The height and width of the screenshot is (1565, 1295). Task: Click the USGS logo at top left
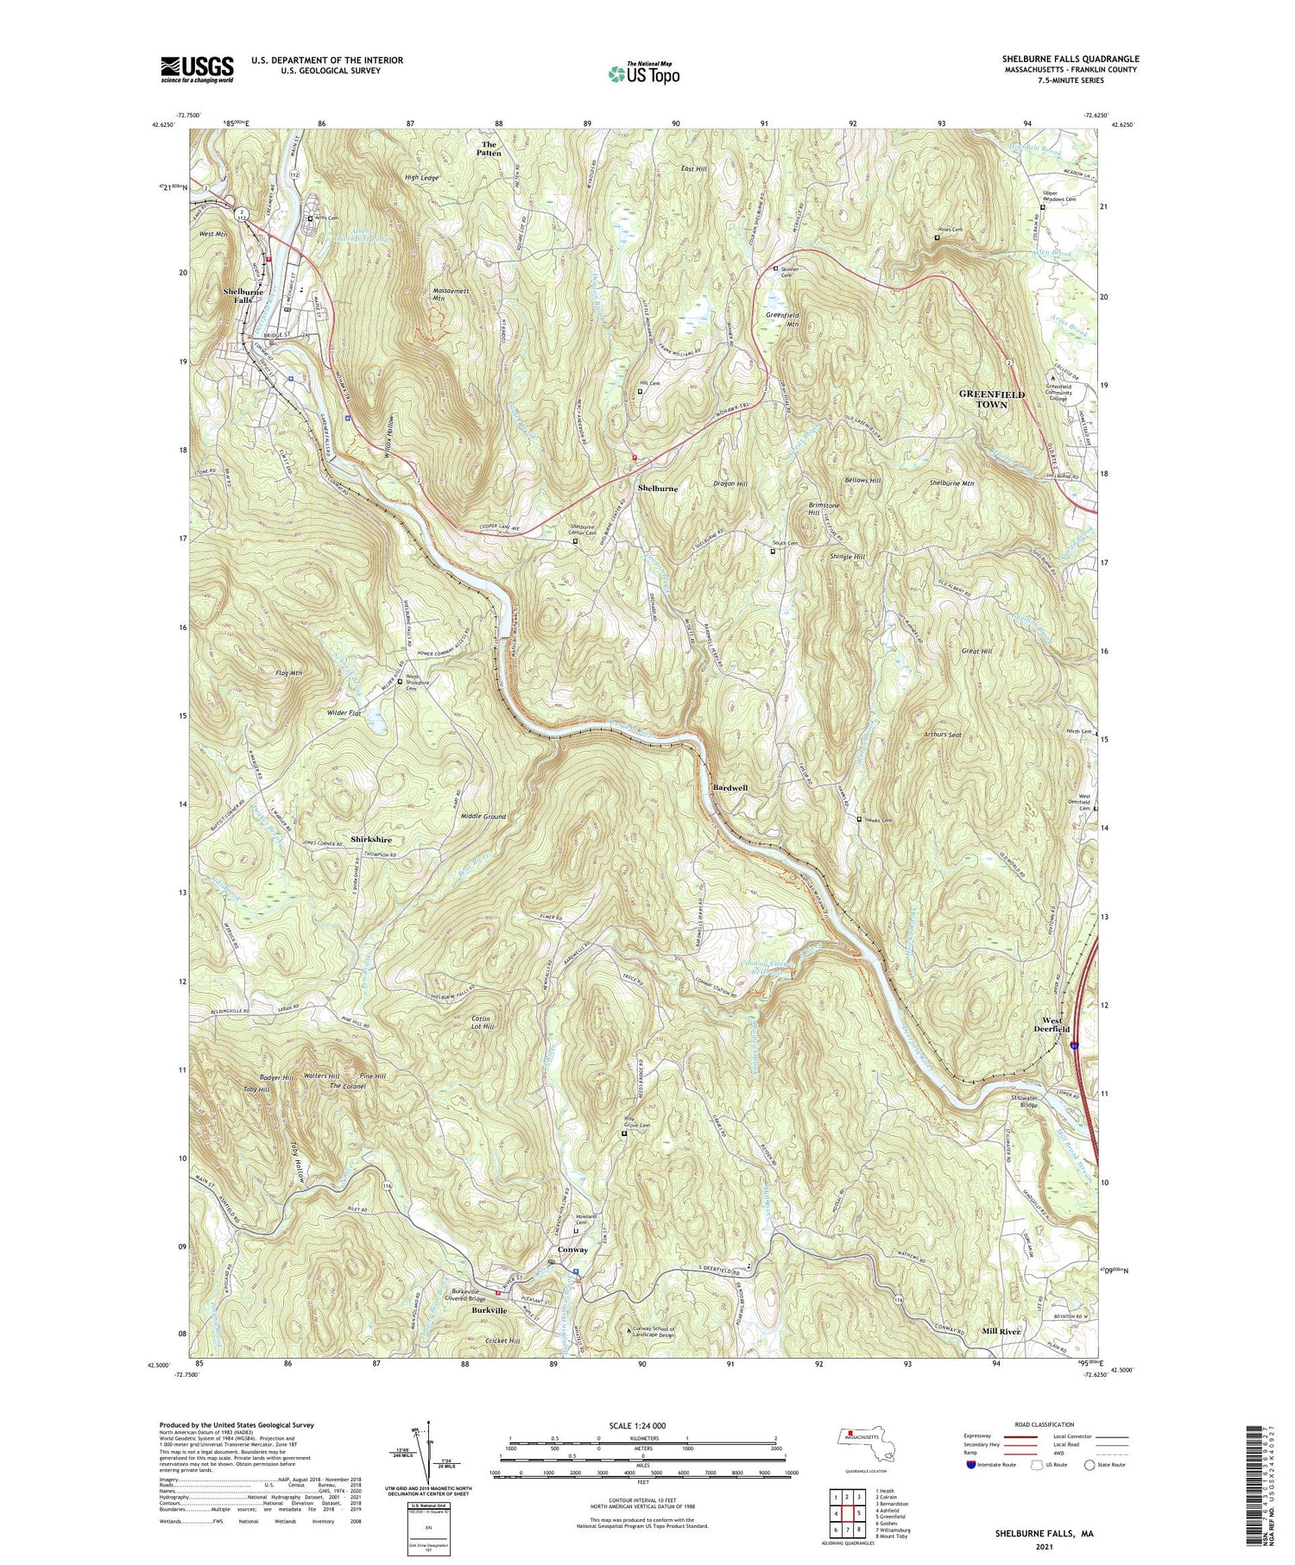(197, 68)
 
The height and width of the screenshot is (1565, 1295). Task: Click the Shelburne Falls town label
(243, 296)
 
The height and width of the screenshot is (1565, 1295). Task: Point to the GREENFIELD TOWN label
(992, 399)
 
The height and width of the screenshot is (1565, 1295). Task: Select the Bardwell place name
(730, 788)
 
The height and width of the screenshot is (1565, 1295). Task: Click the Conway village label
(572, 1249)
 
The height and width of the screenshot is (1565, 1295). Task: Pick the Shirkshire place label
(371, 839)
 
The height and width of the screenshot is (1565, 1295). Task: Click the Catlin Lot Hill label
(482, 1023)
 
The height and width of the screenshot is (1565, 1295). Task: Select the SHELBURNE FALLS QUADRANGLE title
(1070, 59)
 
